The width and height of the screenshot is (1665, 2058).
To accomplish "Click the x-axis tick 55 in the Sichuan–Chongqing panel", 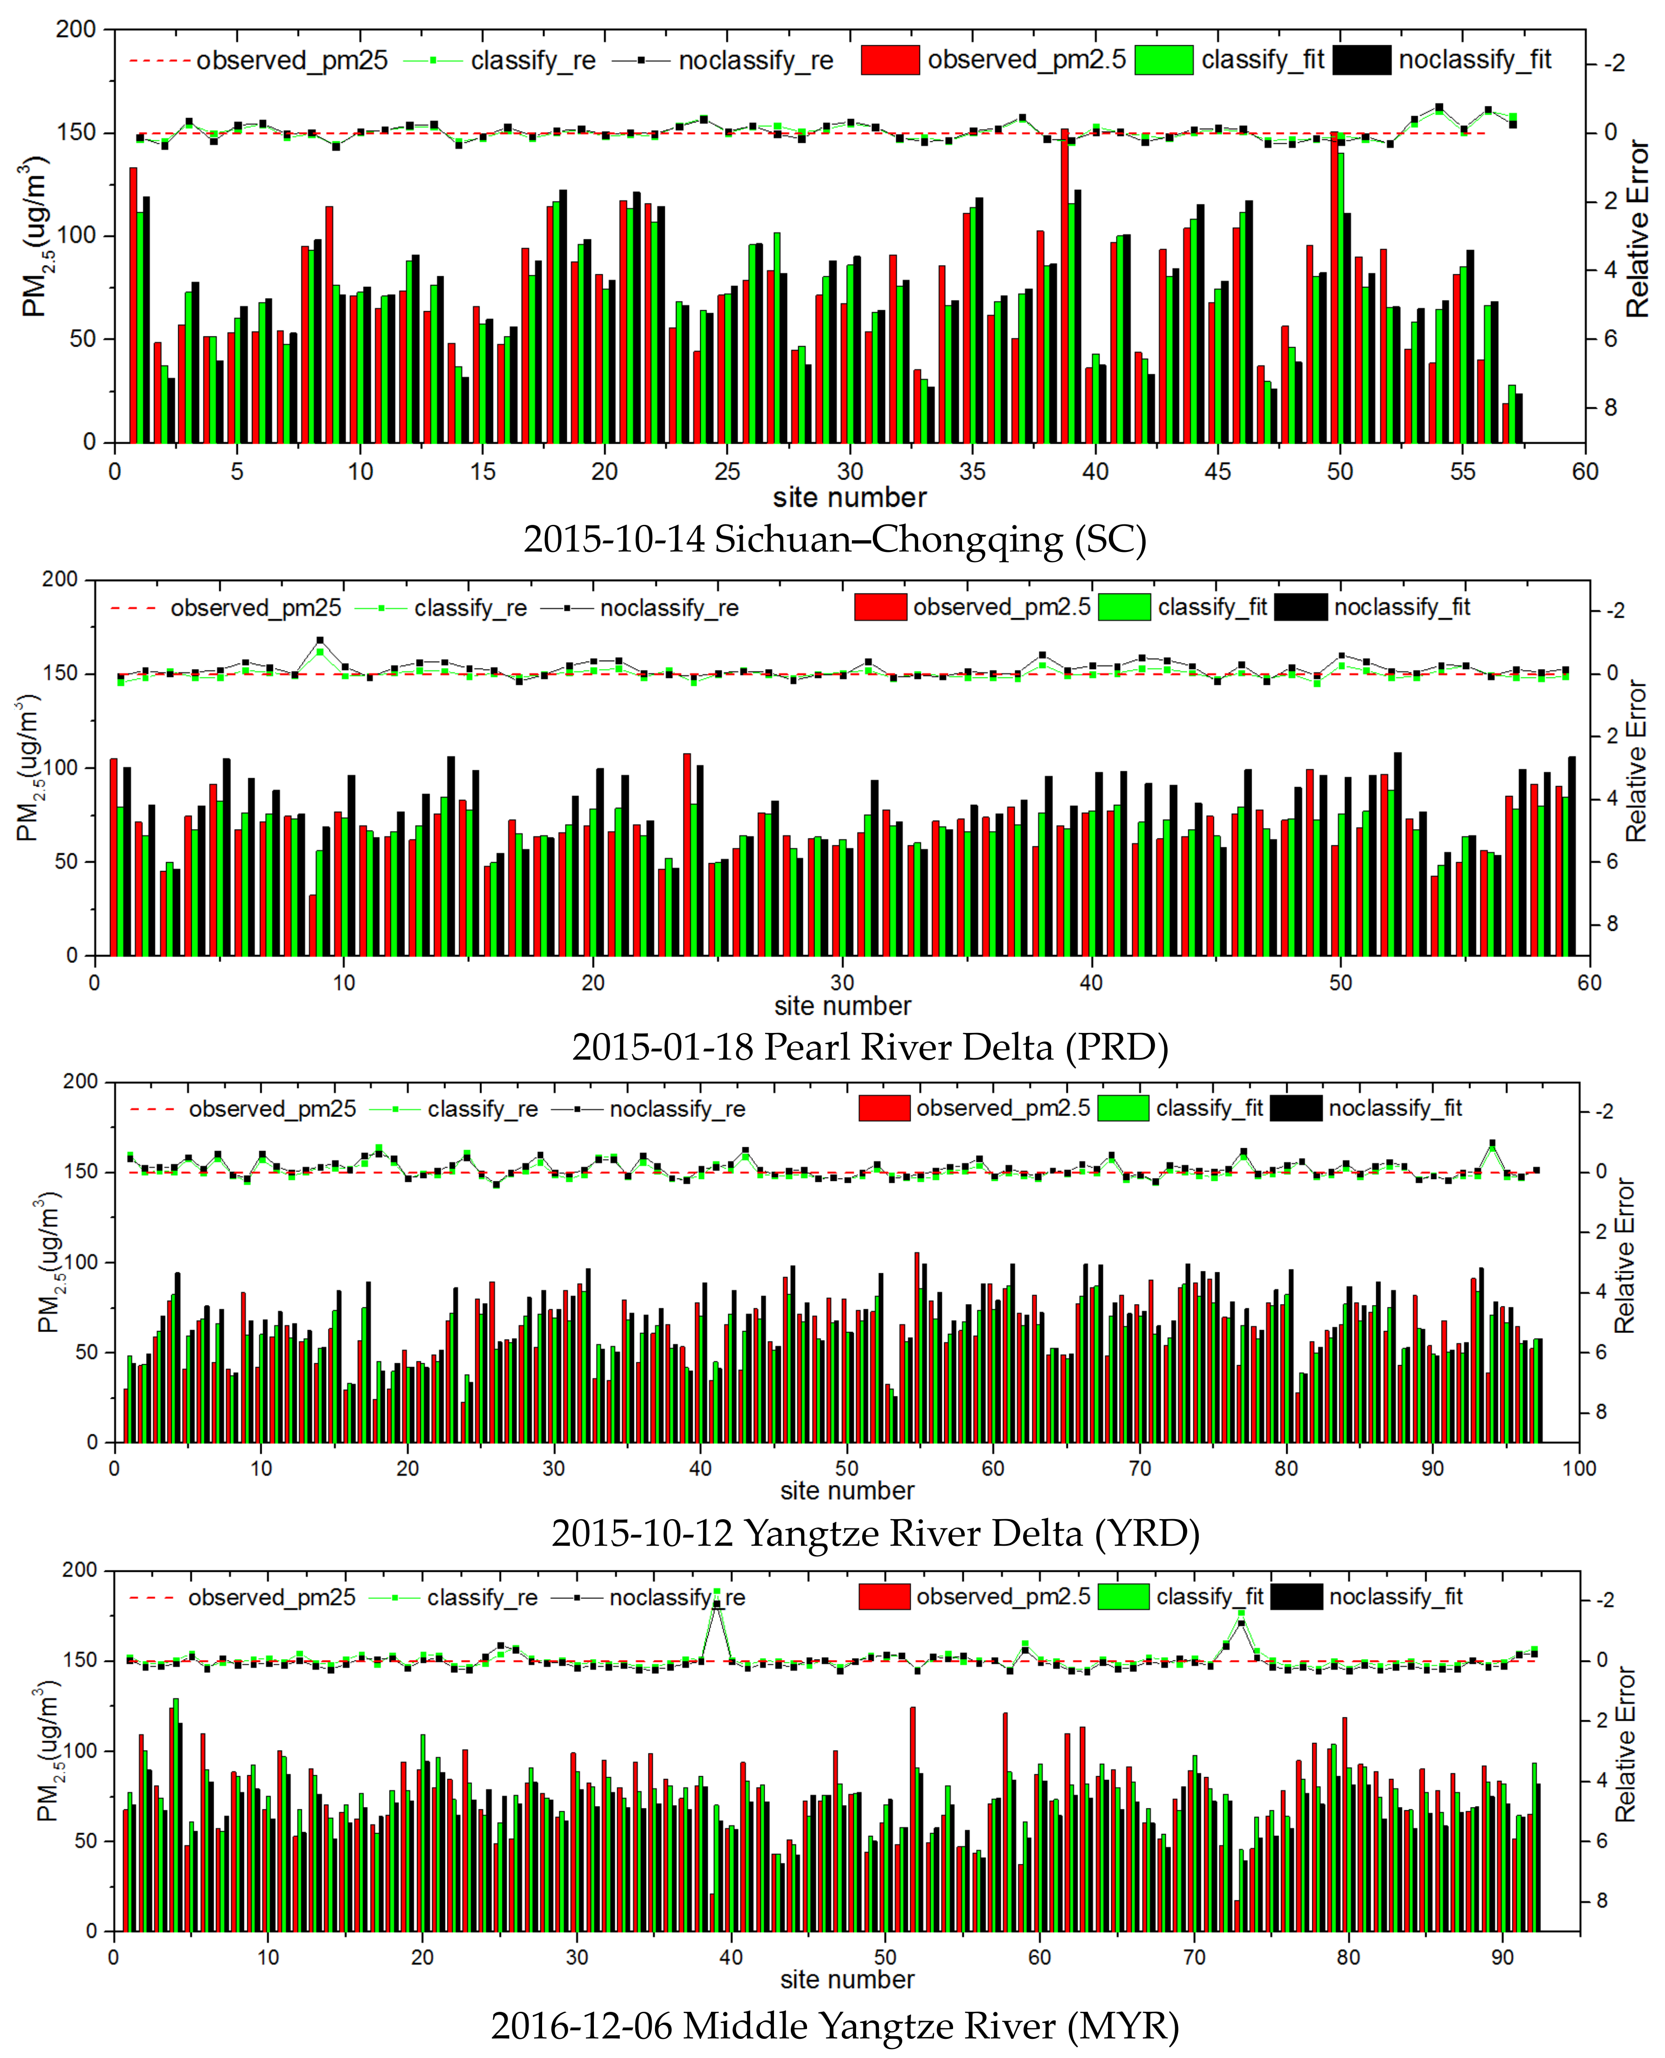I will tap(1462, 472).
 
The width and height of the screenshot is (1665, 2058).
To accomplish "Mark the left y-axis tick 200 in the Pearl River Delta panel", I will tap(59, 579).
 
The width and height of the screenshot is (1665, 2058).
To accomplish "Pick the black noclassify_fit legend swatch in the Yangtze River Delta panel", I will tap(1296, 1109).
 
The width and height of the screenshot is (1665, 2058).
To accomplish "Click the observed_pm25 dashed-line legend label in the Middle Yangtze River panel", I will tap(272, 1598).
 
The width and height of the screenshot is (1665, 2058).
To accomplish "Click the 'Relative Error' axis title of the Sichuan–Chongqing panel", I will tap(1637, 228).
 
